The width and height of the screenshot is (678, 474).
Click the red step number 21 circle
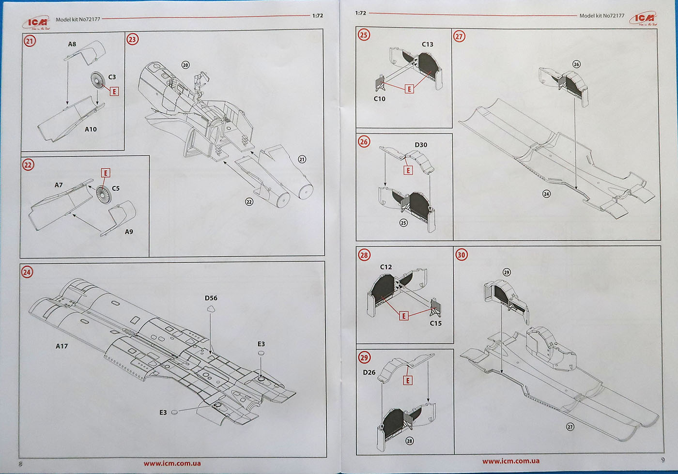point(30,41)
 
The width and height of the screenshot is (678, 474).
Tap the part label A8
point(72,44)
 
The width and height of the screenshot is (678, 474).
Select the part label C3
point(112,77)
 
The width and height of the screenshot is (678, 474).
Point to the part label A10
point(91,129)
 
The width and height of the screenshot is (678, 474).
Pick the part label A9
point(129,231)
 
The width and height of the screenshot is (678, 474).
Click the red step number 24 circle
point(27,272)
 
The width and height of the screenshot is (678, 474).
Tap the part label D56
point(211,298)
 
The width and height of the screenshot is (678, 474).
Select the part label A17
point(62,346)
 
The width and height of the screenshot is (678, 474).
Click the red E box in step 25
point(409,89)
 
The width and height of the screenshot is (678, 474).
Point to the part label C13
point(428,44)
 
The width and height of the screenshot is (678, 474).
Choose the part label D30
point(421,145)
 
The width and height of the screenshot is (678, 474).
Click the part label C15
point(435,323)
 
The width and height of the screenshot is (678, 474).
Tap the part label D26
point(369,372)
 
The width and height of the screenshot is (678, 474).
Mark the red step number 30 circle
point(461,255)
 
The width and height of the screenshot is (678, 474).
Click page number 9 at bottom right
point(663,459)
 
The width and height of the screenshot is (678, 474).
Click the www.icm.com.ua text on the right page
point(510,461)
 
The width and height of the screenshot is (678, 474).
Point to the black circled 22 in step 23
point(249,201)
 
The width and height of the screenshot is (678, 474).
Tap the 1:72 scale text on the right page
point(360,13)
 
